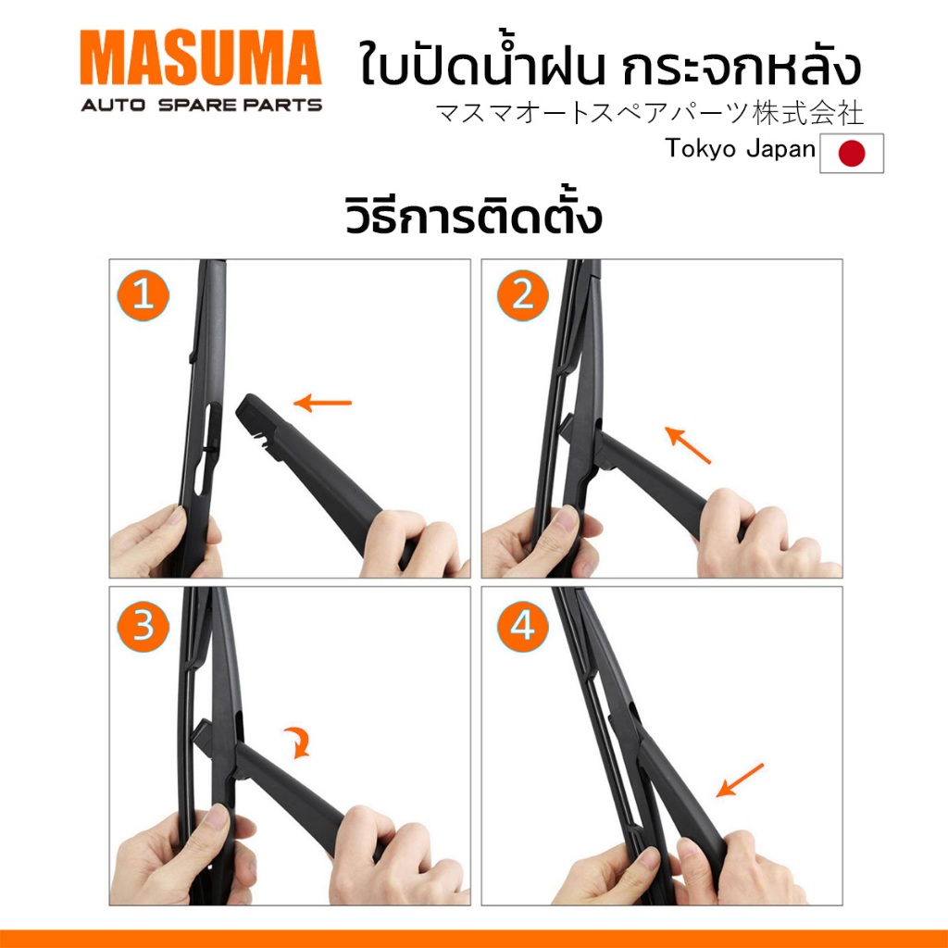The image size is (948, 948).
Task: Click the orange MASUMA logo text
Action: pyautogui.click(x=201, y=57)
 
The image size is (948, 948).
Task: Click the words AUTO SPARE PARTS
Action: pyautogui.click(x=201, y=106)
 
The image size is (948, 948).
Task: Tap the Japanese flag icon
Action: pyautogui.click(x=852, y=154)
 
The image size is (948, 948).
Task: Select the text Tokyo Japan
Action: pyautogui.click(x=740, y=149)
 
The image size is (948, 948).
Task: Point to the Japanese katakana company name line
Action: pyautogui.click(x=649, y=113)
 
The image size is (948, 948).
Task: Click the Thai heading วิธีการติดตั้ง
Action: pyautogui.click(x=473, y=216)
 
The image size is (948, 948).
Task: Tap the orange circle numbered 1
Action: pyautogui.click(x=143, y=295)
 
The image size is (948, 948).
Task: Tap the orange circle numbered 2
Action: pyautogui.click(x=522, y=295)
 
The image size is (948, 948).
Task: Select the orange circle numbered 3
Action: pyautogui.click(x=143, y=626)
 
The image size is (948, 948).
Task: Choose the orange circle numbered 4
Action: pyautogui.click(x=522, y=626)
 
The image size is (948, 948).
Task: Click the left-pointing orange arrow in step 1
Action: pyautogui.click(x=322, y=403)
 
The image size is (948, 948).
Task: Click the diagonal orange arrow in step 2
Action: pyautogui.click(x=688, y=445)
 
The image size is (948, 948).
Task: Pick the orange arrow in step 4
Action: pyautogui.click(x=740, y=780)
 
